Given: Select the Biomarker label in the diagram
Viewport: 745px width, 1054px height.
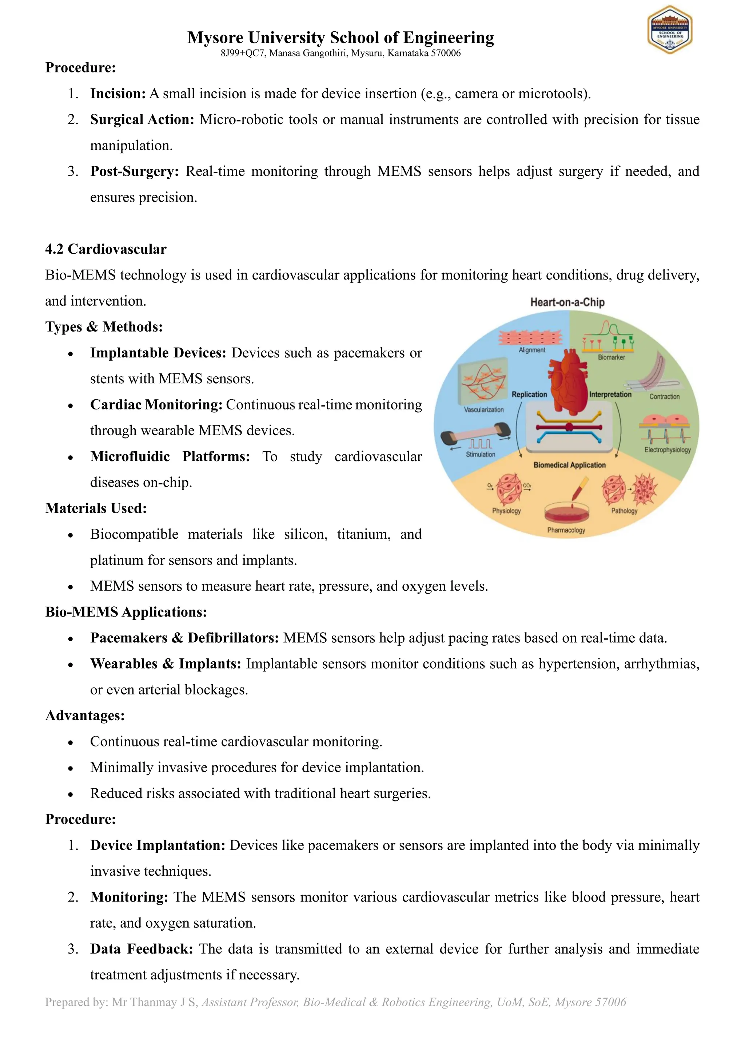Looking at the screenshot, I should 611,357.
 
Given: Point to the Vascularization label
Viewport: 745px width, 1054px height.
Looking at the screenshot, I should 483,409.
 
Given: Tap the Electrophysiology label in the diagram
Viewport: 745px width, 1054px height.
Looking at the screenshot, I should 667,450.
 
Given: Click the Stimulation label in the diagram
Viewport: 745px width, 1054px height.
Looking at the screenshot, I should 480,455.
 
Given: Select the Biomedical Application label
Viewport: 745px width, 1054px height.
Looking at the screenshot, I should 569,465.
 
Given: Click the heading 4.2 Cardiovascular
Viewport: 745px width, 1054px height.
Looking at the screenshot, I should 105,249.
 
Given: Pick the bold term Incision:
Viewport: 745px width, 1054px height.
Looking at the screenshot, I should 118,94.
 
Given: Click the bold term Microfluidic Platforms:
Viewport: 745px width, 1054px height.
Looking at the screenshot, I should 170,457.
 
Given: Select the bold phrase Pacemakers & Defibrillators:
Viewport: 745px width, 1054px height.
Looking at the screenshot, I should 184,638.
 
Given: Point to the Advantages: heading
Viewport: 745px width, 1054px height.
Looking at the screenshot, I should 85,716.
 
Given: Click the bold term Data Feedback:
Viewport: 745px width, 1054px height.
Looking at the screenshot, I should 141,949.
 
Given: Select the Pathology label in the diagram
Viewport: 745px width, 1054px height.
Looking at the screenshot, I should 624,511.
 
